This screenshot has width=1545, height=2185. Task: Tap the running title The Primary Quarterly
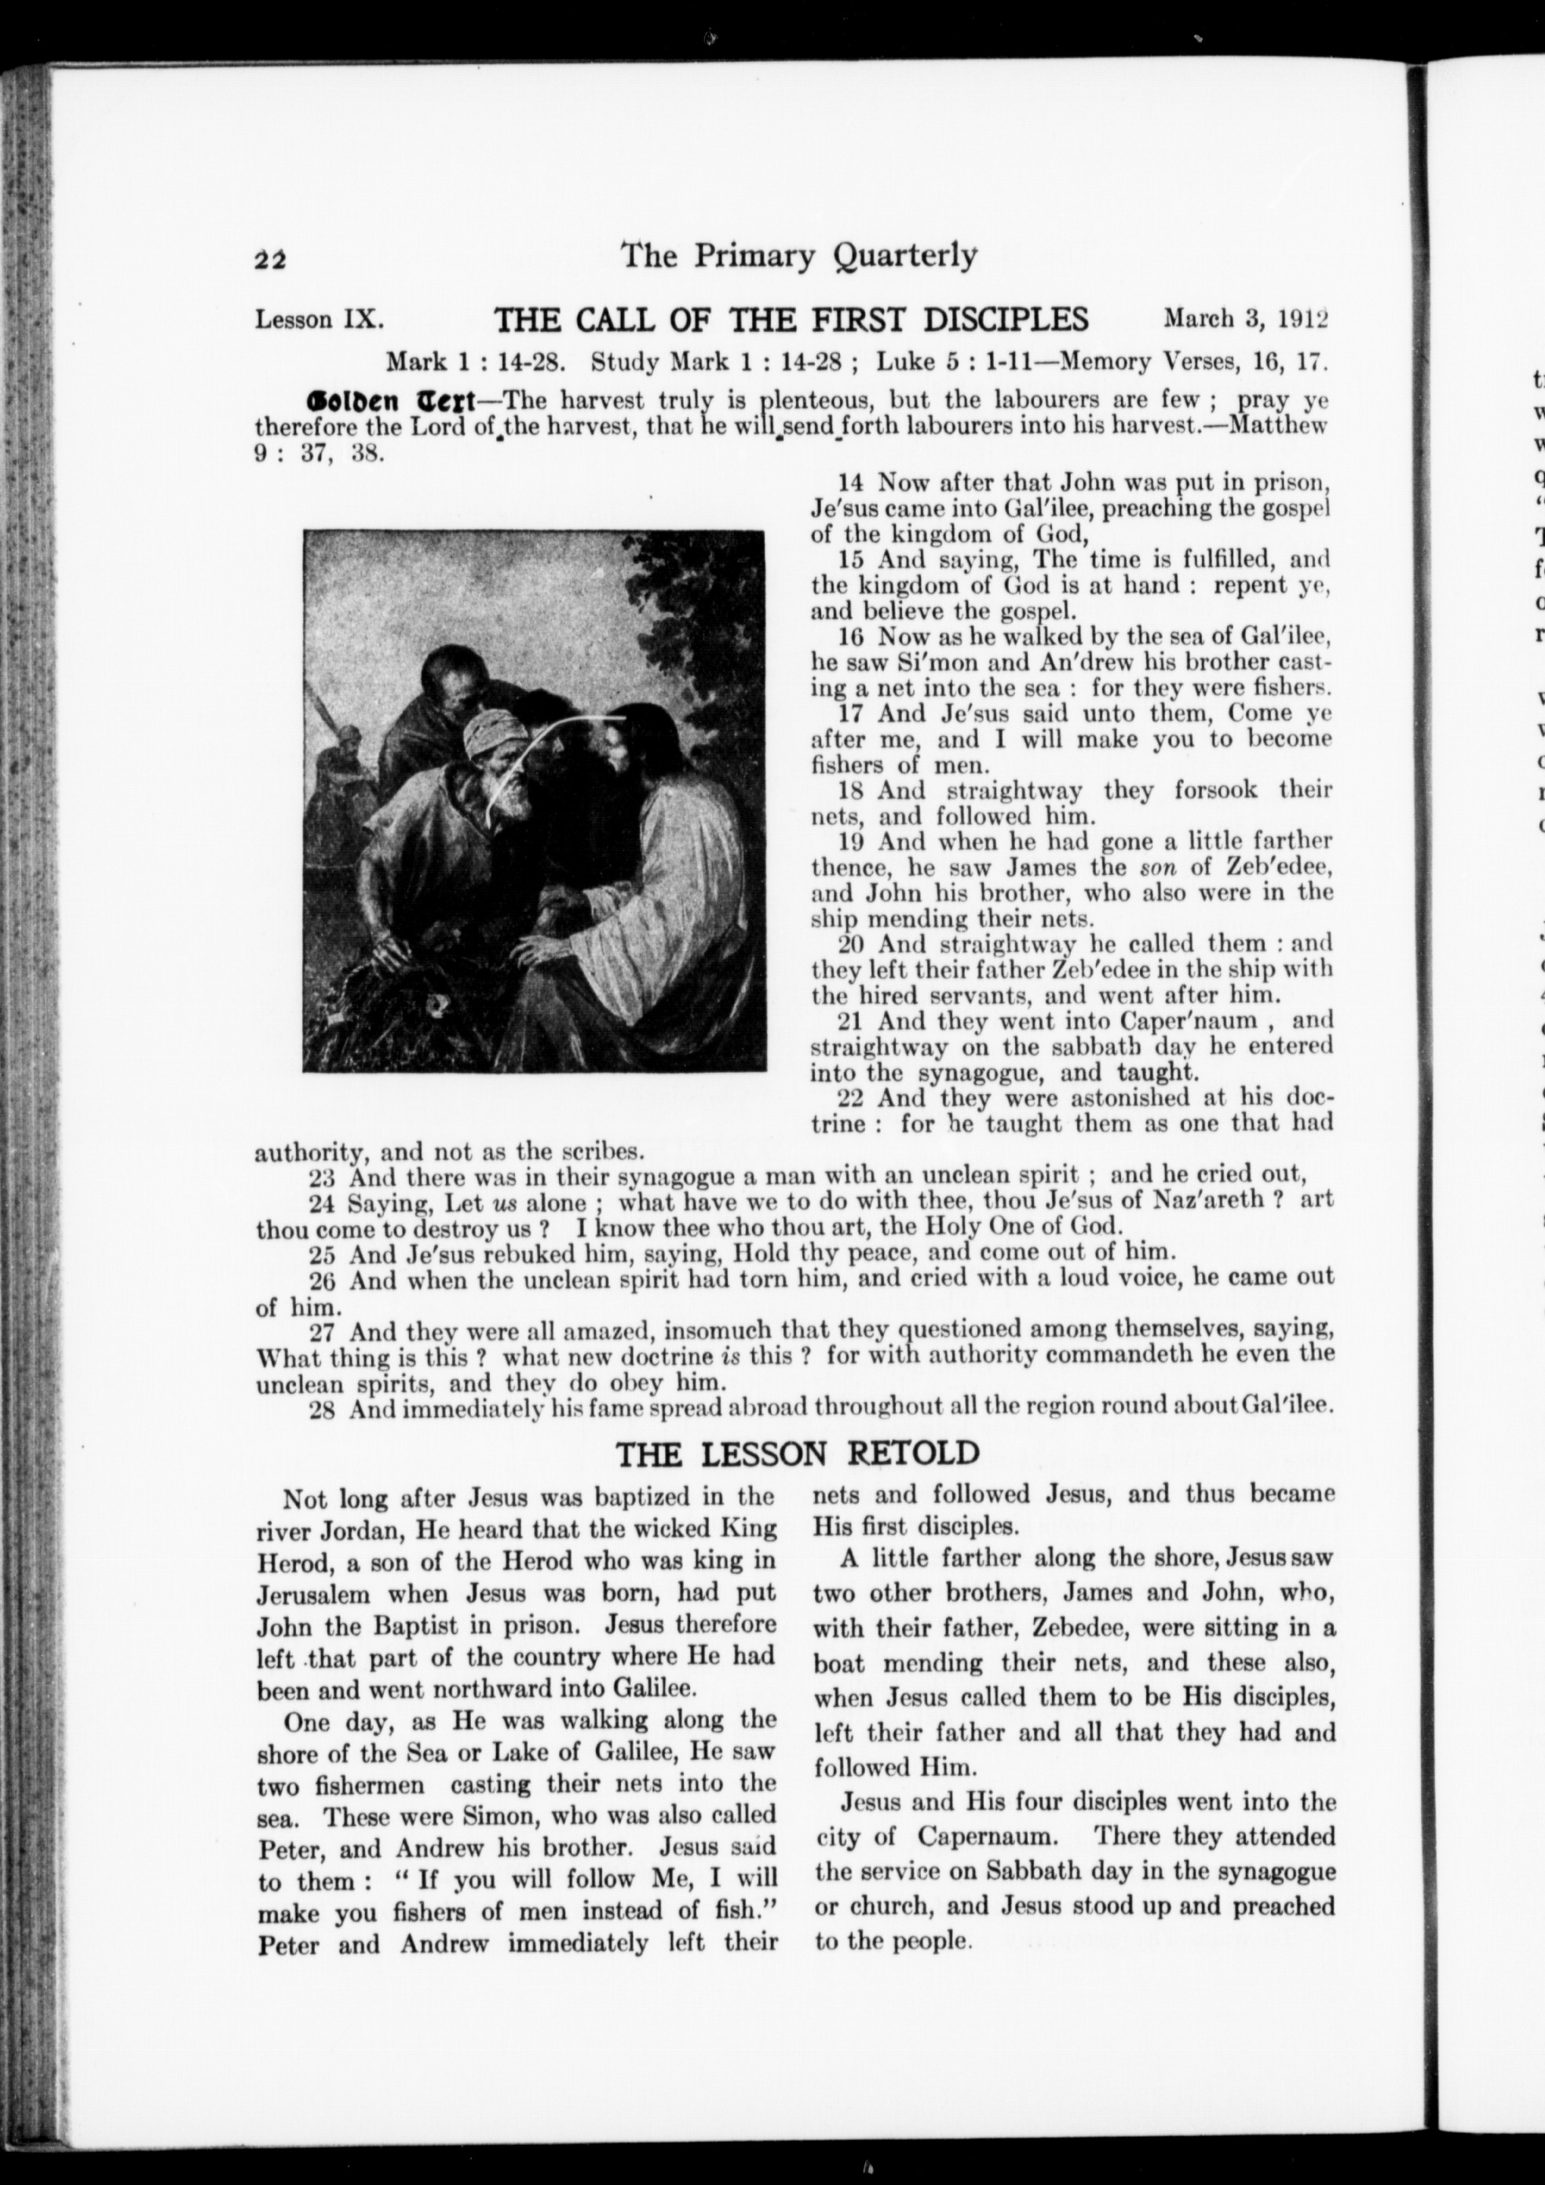pos(798,256)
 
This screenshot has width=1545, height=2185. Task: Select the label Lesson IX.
pos(319,319)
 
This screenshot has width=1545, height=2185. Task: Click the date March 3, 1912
pos(1245,319)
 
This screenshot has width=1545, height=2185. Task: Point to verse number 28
pos(323,1407)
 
